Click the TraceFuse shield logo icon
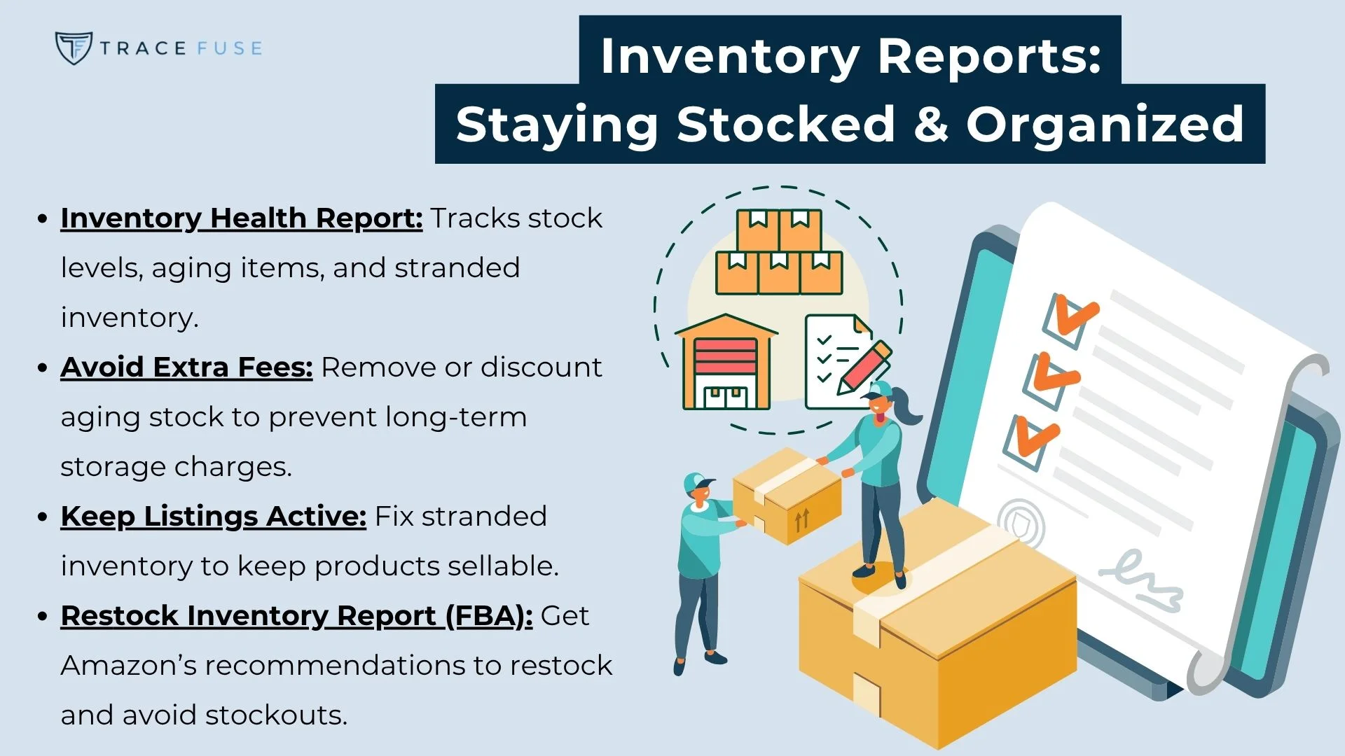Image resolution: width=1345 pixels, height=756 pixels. click(73, 48)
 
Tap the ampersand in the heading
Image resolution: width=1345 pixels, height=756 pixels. click(931, 125)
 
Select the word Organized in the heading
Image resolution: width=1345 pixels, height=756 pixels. click(1105, 125)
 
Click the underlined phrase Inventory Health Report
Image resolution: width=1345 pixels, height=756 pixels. click(241, 218)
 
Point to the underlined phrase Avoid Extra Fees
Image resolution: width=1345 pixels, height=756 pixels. click(186, 367)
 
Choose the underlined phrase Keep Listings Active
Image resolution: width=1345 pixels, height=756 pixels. click(213, 517)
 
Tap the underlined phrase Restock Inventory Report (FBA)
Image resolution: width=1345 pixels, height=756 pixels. click(296, 616)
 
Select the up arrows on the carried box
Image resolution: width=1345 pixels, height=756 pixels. click(802, 519)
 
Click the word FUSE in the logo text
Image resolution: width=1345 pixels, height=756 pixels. click(229, 48)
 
